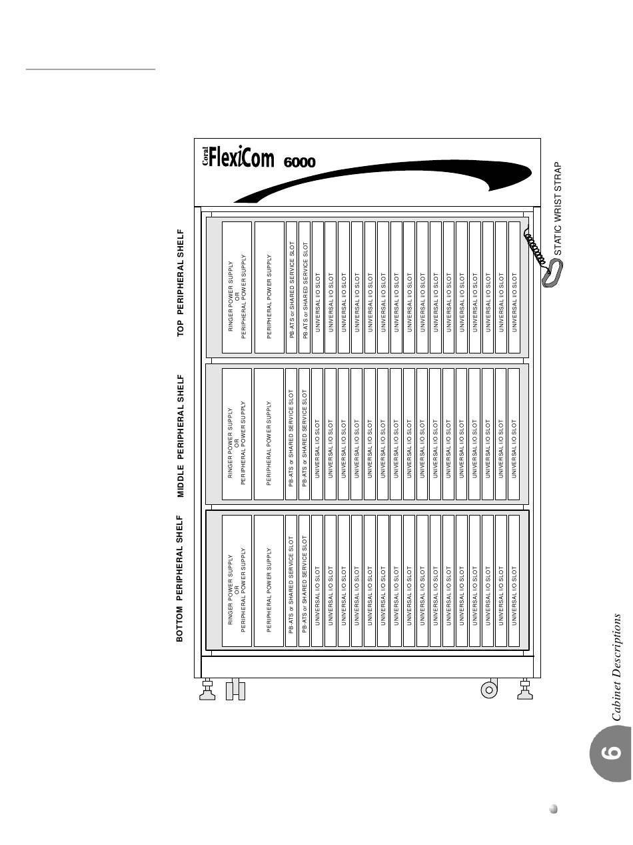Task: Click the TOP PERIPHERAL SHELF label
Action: point(181,283)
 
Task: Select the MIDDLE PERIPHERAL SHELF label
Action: point(181,436)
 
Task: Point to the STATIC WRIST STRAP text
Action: point(558,209)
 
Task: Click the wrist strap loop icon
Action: point(553,273)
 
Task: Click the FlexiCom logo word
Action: point(241,159)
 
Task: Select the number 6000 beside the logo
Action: point(299,162)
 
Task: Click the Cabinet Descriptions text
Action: point(616,668)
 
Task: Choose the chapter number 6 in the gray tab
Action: point(612,752)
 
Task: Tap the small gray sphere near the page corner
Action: point(553,809)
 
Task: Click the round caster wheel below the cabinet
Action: point(490,688)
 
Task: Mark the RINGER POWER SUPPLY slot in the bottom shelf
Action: point(237,580)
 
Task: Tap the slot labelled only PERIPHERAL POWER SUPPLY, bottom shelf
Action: point(269,580)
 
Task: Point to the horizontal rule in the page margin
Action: point(90,69)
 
